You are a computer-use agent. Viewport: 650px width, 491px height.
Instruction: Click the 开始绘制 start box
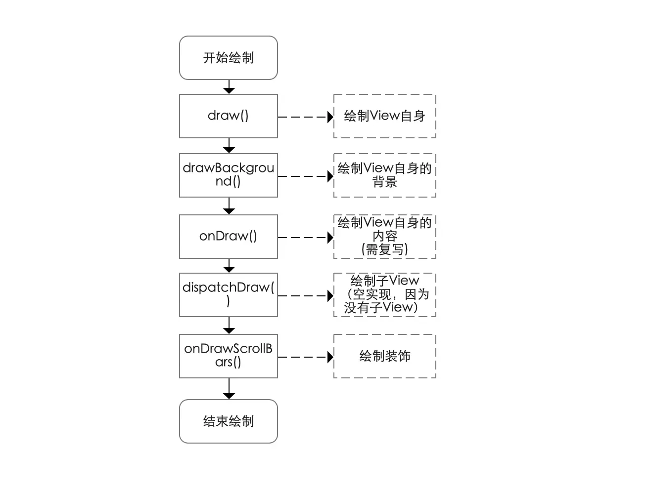click(x=228, y=58)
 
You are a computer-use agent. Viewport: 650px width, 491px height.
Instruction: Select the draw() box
click(x=228, y=116)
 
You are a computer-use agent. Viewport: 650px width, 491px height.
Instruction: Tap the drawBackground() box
click(x=228, y=175)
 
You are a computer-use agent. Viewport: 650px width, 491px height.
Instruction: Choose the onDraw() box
click(x=228, y=237)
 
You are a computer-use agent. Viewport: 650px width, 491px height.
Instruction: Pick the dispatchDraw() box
click(x=228, y=295)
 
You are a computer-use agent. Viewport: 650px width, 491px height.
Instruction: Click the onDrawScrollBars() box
click(x=228, y=356)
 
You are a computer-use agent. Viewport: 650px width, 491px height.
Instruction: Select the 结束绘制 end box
click(x=228, y=421)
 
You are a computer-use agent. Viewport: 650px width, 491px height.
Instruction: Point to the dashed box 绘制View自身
click(x=384, y=116)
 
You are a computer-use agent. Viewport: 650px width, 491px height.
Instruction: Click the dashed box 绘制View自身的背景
click(x=384, y=175)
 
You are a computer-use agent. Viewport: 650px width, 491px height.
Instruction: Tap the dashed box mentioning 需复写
click(x=384, y=237)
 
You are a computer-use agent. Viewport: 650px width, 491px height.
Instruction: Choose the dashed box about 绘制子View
click(x=384, y=295)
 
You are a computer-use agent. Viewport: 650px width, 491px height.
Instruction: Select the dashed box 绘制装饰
click(x=384, y=356)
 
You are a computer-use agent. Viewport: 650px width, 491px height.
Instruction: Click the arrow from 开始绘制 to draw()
click(x=229, y=86)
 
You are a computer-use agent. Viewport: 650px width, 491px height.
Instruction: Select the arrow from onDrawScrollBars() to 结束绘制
click(x=229, y=389)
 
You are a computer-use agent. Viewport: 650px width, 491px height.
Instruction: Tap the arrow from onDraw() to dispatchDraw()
click(x=229, y=266)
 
